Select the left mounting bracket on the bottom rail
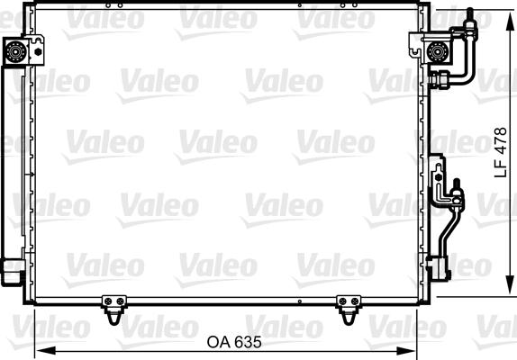[x=112, y=308]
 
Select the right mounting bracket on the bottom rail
[x=348, y=308]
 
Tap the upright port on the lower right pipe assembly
[x=458, y=189]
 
